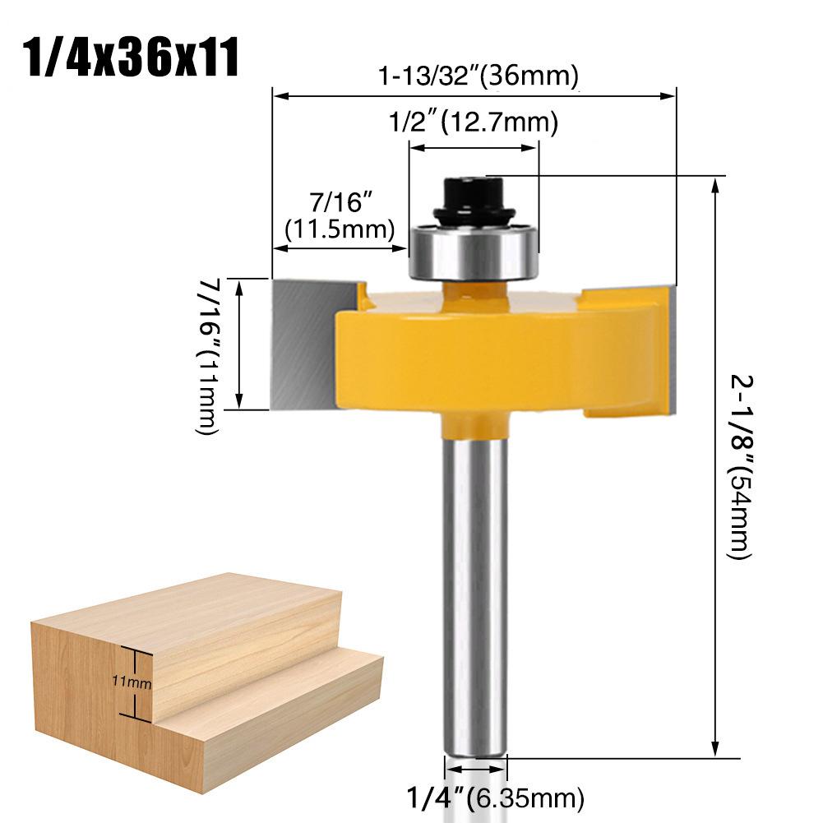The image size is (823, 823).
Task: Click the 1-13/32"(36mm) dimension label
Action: click(479, 76)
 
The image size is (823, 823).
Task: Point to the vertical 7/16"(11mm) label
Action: click(206, 354)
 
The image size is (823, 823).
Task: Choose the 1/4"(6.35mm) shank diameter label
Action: click(496, 797)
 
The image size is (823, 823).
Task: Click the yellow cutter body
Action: click(493, 354)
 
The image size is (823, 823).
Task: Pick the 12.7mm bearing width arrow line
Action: click(474, 147)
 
